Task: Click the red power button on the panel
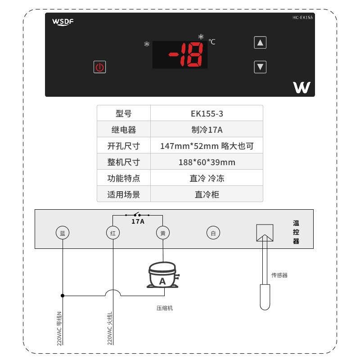click(100, 67)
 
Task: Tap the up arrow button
click(260, 43)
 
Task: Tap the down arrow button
click(260, 67)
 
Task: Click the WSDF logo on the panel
click(63, 21)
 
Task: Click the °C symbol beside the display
click(211, 42)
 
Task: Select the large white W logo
click(301, 87)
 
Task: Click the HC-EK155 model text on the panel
click(302, 17)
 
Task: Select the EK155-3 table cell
click(207, 113)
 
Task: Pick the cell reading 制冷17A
click(207, 130)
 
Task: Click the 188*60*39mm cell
click(207, 162)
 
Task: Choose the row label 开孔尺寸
click(124, 146)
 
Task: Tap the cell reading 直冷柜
click(207, 195)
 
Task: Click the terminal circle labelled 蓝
click(63, 233)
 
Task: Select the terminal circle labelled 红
click(112, 233)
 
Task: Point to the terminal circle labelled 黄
click(163, 233)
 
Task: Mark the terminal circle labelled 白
click(213, 233)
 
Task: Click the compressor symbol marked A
click(163, 275)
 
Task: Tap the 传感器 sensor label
click(279, 275)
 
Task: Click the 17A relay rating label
click(138, 221)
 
